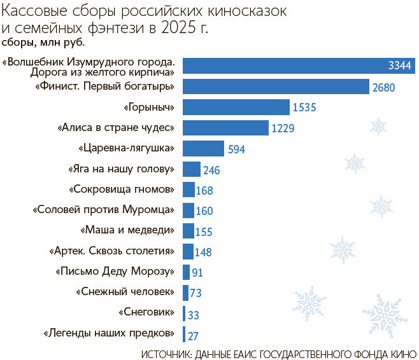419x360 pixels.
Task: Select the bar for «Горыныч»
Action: pos(236,107)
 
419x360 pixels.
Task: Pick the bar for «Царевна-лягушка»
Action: pos(203,149)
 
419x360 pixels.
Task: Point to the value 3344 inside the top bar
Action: pos(401,66)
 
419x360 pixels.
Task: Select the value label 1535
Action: pos(305,107)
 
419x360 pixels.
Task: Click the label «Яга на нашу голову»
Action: pos(121,169)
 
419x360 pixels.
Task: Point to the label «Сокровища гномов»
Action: pos(121,190)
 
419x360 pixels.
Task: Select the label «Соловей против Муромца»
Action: pos(104,210)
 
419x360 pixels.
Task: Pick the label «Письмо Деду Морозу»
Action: pos(115,272)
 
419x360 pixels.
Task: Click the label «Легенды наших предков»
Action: pos(109,333)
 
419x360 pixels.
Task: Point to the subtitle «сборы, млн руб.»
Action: pos(43,43)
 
